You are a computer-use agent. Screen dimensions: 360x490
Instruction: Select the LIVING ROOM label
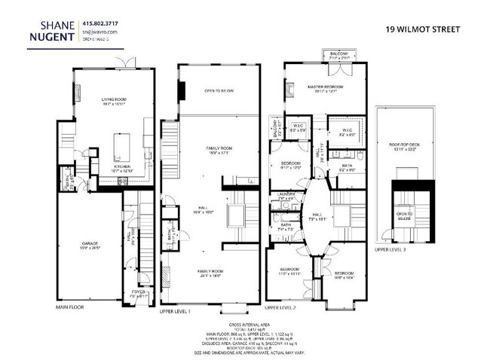tap(118, 99)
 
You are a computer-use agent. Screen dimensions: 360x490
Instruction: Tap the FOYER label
tap(139, 292)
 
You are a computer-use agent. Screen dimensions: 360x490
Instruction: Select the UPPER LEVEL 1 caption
tap(176, 310)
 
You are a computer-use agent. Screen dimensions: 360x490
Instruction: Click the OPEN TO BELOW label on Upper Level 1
tap(219, 90)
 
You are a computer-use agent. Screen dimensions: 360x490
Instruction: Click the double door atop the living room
tap(129, 63)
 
